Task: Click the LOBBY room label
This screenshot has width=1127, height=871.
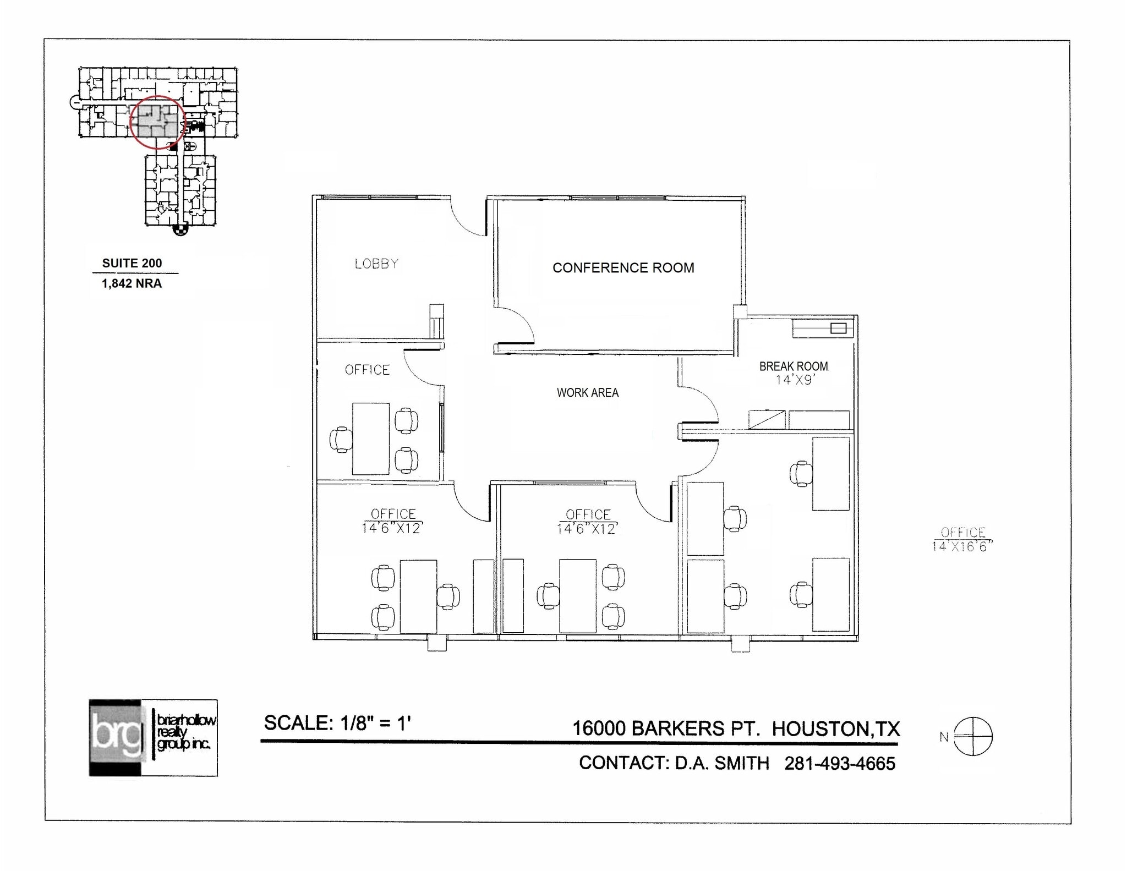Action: click(x=376, y=264)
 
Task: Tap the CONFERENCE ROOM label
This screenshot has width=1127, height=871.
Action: click(x=623, y=268)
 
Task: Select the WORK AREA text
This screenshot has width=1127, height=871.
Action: click(x=587, y=393)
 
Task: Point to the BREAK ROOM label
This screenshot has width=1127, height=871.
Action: click(x=793, y=366)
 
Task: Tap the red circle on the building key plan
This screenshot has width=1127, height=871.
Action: click(x=157, y=122)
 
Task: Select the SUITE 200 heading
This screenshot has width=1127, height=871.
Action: click(x=132, y=263)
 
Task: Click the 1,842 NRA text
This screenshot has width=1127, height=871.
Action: click(x=132, y=283)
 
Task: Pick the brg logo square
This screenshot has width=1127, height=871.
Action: click(x=116, y=737)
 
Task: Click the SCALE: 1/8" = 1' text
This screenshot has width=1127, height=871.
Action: click(x=337, y=723)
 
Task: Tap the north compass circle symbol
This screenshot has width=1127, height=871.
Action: click(x=972, y=736)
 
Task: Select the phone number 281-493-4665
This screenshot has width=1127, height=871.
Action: click(x=840, y=764)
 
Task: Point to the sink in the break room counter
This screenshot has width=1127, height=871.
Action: click(x=838, y=328)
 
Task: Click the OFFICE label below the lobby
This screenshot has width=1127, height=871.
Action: click(x=367, y=370)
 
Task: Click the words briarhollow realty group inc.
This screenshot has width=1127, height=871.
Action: click(x=185, y=732)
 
